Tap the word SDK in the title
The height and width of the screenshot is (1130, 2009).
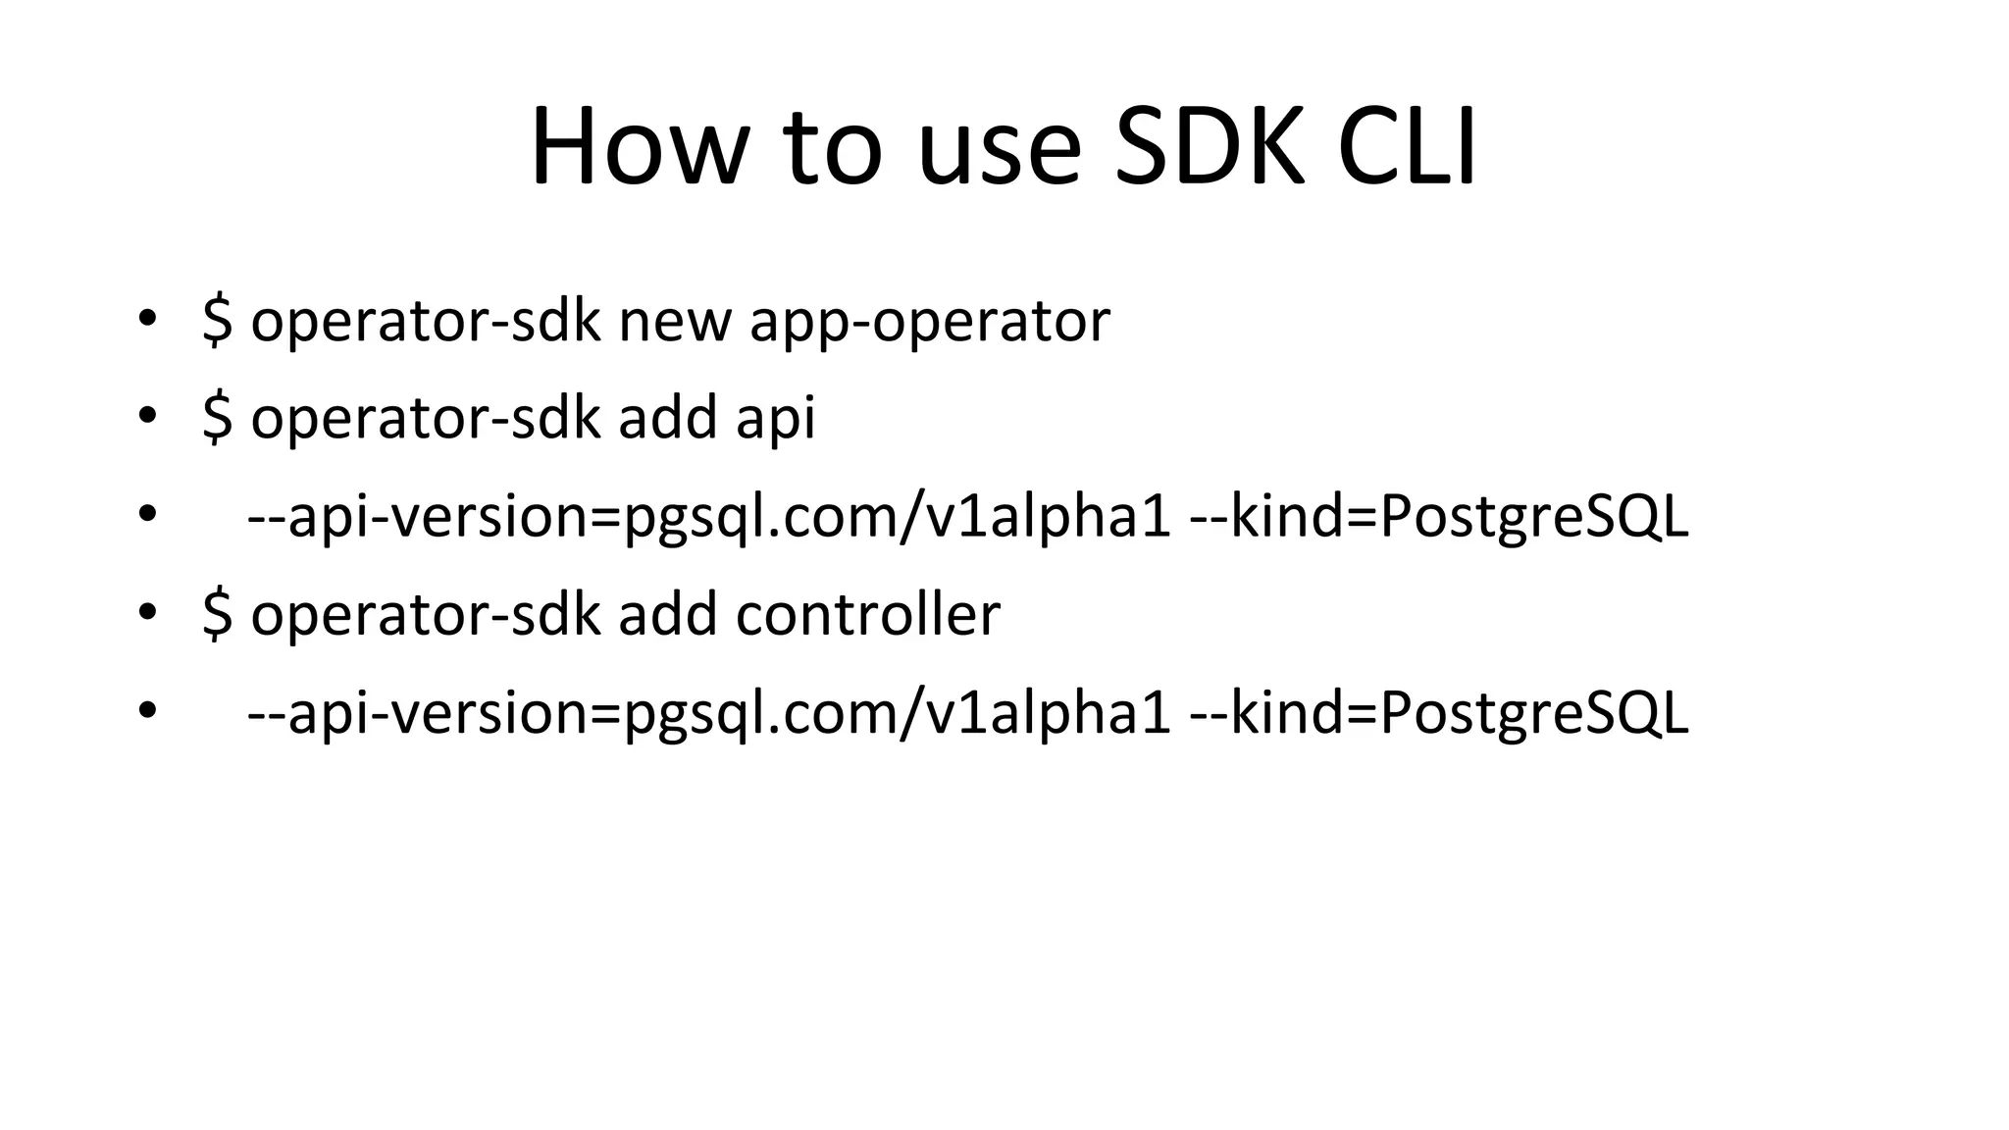[x=1211, y=147]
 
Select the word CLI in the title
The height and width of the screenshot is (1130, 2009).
[x=1407, y=147]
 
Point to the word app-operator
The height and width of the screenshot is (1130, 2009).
[x=930, y=322]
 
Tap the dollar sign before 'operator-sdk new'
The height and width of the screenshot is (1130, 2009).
[x=217, y=320]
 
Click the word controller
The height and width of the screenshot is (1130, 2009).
[x=868, y=614]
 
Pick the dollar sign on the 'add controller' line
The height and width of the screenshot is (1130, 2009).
[x=217, y=614]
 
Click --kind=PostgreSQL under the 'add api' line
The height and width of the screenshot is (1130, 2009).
[x=1438, y=516]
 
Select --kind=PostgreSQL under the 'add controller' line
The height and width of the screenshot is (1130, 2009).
[x=1438, y=713]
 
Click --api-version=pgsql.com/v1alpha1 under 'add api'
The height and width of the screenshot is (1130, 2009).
[x=708, y=516]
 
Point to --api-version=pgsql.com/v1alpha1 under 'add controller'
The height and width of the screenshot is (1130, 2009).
[x=708, y=713]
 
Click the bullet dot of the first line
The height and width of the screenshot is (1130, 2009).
[x=147, y=318]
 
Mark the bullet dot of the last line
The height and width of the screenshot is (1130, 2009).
[x=147, y=710]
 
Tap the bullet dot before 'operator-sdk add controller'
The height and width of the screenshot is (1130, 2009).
[x=147, y=612]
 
